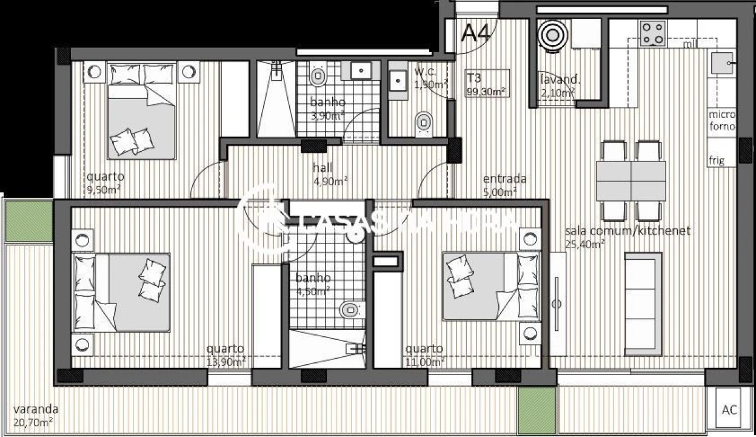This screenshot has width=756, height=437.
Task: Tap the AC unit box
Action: [730, 410]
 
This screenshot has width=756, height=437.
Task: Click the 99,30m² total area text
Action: [486, 92]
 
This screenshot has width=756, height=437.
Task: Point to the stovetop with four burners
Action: [653, 33]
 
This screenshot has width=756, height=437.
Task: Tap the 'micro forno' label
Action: [722, 121]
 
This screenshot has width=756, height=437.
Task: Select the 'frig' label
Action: [717, 161]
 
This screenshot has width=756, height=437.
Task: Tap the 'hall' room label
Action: [323, 168]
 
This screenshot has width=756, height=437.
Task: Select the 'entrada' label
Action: [504, 179]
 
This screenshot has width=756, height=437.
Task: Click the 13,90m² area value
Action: [226, 362]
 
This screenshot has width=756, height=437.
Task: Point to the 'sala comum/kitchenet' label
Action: [627, 231]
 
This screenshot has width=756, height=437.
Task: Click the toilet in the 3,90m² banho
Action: [317, 76]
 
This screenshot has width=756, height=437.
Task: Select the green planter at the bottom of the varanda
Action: [537, 410]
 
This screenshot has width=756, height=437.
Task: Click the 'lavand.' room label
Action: [560, 80]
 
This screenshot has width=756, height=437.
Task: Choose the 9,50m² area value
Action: [102, 189]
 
